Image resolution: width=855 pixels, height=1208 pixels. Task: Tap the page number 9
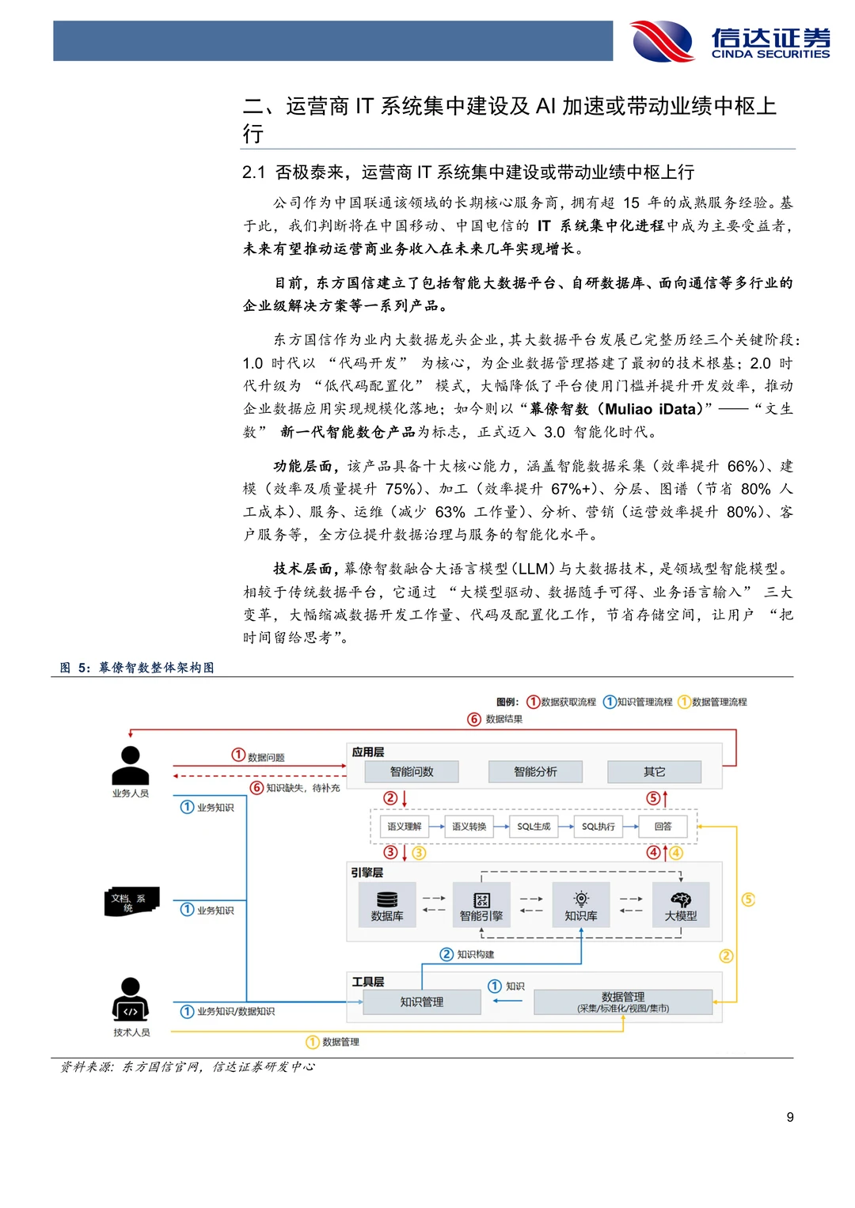(789, 1117)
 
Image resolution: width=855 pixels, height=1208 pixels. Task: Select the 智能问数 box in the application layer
(412, 771)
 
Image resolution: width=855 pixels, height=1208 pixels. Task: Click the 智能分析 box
(535, 771)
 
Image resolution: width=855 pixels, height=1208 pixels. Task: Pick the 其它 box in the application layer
(654, 771)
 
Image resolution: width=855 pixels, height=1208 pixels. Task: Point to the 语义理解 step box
(404, 827)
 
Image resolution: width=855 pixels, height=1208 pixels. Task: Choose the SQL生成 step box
(534, 827)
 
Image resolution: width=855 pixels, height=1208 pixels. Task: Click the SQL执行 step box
(598, 827)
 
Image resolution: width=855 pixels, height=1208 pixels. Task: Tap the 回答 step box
(663, 827)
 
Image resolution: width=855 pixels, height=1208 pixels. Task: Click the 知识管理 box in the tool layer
(421, 1002)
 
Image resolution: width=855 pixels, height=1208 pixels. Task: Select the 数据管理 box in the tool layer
(623, 1002)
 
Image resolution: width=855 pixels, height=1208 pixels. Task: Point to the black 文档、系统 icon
(131, 902)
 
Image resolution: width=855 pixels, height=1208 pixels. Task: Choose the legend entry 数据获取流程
(561, 702)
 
